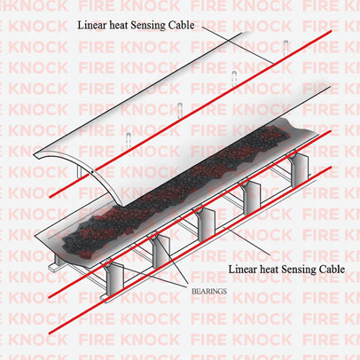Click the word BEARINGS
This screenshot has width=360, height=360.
209,291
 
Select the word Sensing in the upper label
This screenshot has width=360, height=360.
148,26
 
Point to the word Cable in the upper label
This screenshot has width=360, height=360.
182,25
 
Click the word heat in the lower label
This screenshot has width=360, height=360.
269,270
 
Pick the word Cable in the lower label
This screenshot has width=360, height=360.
332,270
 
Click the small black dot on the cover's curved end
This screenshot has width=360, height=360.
92,171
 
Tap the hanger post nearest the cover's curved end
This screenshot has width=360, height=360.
129,141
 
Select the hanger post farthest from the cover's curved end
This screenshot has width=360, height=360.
286,48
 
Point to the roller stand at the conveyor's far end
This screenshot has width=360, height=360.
299,168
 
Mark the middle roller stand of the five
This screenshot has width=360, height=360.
206,224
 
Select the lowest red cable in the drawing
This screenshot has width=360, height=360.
190,250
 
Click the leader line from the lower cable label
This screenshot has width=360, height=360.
247,241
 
